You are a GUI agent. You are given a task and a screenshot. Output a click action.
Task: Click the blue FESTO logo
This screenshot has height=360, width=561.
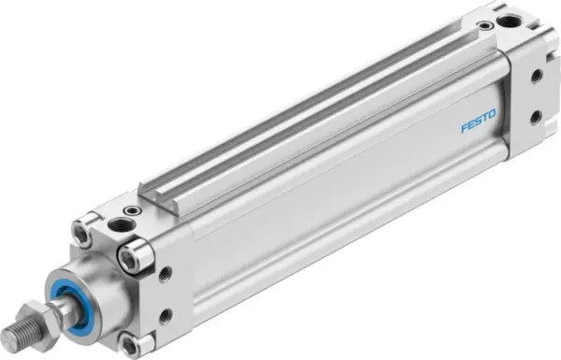coord(478,123)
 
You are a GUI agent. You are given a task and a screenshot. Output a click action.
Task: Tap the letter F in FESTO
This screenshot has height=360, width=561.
coord(464,129)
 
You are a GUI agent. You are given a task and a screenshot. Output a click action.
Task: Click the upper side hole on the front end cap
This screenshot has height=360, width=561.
coord(165,274)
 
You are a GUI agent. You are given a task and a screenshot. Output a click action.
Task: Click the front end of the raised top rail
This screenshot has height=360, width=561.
coord(150,193)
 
